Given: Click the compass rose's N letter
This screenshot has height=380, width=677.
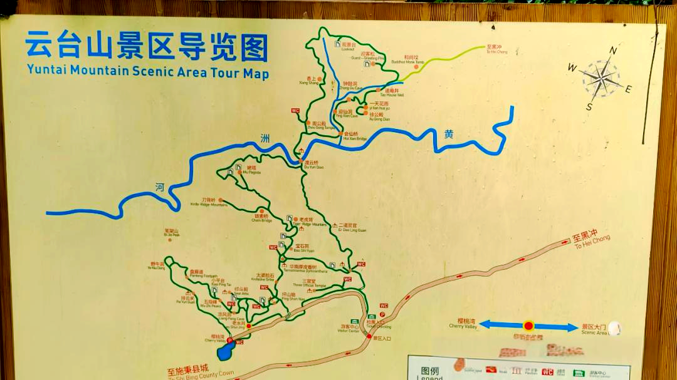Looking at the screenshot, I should pyautogui.click(x=614, y=51).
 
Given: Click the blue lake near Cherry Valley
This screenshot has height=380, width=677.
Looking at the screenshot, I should pyautogui.click(x=224, y=352).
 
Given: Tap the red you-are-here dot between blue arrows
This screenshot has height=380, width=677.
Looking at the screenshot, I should pyautogui.click(x=528, y=326).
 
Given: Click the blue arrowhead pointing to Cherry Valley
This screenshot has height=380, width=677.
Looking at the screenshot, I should pyautogui.click(x=488, y=325).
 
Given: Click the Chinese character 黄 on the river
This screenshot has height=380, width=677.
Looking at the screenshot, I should pyautogui.click(x=449, y=133).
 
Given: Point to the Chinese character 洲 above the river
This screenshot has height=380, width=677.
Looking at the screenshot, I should pyautogui.click(x=265, y=138).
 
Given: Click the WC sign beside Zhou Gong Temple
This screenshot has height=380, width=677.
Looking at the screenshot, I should pyautogui.click(x=295, y=111).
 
